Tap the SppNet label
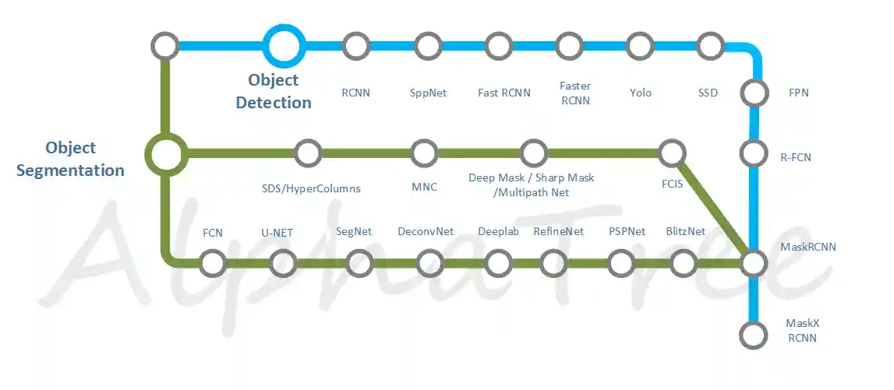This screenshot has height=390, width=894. [428, 93]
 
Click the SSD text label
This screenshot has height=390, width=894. [708, 92]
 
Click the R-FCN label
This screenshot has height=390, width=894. [795, 157]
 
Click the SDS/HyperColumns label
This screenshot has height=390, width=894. [307, 188]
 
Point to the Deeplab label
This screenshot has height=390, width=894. [498, 232]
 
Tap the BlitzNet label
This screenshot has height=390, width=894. [685, 232]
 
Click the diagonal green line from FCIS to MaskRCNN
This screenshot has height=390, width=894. [712, 208]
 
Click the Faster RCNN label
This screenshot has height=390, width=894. [574, 93]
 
